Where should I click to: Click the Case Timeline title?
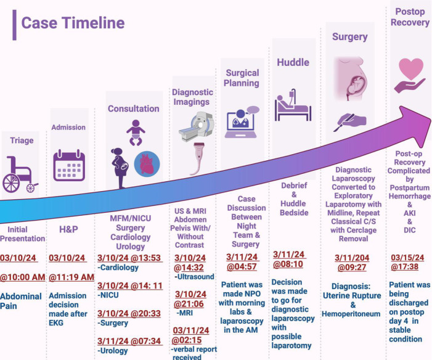(73, 23)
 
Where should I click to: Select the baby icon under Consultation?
(135, 134)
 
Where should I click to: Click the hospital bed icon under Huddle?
(294, 105)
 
